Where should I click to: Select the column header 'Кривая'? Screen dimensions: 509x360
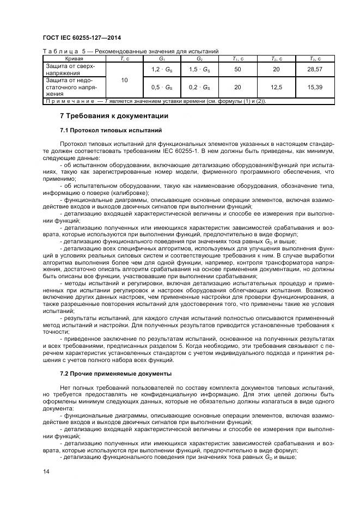coord(74,57)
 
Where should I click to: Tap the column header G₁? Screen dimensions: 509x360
coord(162,57)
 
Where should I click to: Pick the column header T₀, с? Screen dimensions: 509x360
coord(314,57)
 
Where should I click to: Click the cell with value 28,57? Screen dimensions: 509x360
coord(314,69)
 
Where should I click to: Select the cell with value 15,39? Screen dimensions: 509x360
coord(314,87)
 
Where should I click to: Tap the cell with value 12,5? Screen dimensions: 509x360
coord(276,87)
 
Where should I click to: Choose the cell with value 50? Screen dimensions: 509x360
coord(237,69)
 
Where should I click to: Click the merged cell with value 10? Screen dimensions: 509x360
coord(124,79)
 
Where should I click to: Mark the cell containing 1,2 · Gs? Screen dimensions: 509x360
coord(162,69)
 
